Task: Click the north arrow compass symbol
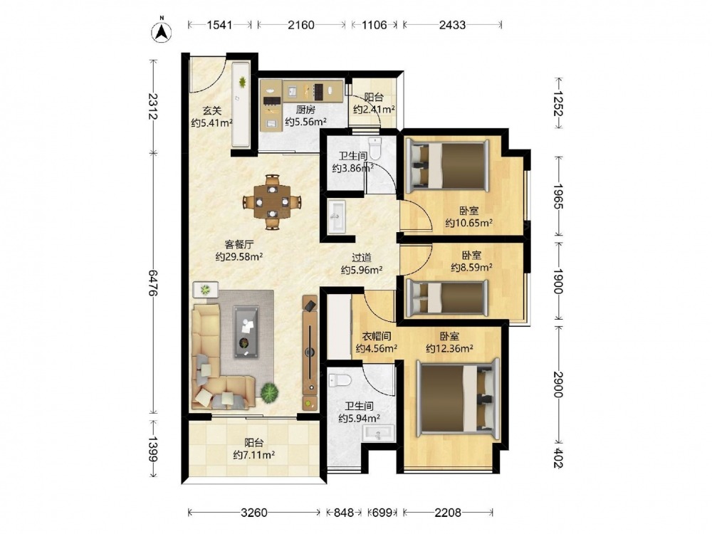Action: coord(161,31)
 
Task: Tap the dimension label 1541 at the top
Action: coord(220,24)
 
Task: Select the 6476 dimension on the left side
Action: coord(153,283)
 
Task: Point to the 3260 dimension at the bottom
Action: coord(254,513)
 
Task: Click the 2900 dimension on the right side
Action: coord(558,384)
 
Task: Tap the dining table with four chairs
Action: coord(272,201)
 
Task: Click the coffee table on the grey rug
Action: coord(246,332)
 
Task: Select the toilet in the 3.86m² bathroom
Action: coord(375,149)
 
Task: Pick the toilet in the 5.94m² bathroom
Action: coord(340,380)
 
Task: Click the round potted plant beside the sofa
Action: coord(269,392)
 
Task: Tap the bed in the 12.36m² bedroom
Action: coord(458,396)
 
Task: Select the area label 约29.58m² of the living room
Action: coord(239,257)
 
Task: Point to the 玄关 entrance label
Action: coord(211,110)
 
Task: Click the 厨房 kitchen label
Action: coord(305,110)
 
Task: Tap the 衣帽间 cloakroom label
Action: coord(377,337)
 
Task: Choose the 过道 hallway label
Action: coord(362,258)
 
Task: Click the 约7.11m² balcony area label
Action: coord(254,454)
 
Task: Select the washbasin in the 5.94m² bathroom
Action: coord(378,433)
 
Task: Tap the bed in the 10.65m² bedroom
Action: coord(448,164)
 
